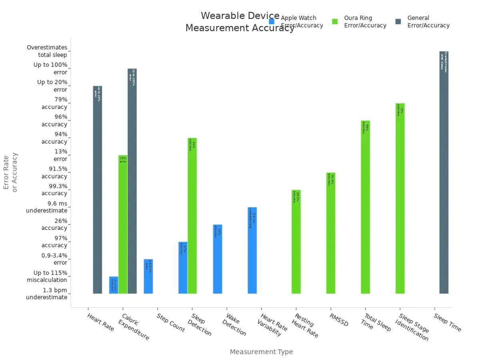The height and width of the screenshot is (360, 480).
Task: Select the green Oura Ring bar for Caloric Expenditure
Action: pyautogui.click(x=123, y=224)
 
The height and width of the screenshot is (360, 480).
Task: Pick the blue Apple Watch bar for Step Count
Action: pyautogui.click(x=148, y=276)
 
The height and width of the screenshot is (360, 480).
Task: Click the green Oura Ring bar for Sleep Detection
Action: pyautogui.click(x=192, y=216)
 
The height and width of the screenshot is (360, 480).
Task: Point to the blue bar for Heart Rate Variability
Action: pyautogui.click(x=252, y=250)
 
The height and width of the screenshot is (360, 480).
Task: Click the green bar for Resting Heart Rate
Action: pyautogui.click(x=296, y=242)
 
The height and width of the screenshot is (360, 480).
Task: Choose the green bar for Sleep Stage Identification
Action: pyautogui.click(x=400, y=198)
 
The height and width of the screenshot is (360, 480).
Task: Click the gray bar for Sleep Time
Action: pyautogui.click(x=444, y=172)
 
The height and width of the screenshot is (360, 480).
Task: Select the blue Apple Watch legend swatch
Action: pyautogui.click(x=272, y=22)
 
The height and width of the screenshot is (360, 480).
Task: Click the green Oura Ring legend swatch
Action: pyautogui.click(x=335, y=22)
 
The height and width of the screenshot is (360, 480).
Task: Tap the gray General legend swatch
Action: pyautogui.click(x=398, y=22)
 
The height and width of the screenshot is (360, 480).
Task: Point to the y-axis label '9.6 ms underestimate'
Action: pyautogui.click(x=47, y=207)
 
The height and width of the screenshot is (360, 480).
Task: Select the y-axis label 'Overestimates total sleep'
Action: pyautogui.click(x=47, y=51)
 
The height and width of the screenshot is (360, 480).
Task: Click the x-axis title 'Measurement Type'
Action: pyautogui.click(x=261, y=352)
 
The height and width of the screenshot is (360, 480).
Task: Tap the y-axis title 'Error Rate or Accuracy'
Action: pyautogui.click(x=10, y=172)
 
